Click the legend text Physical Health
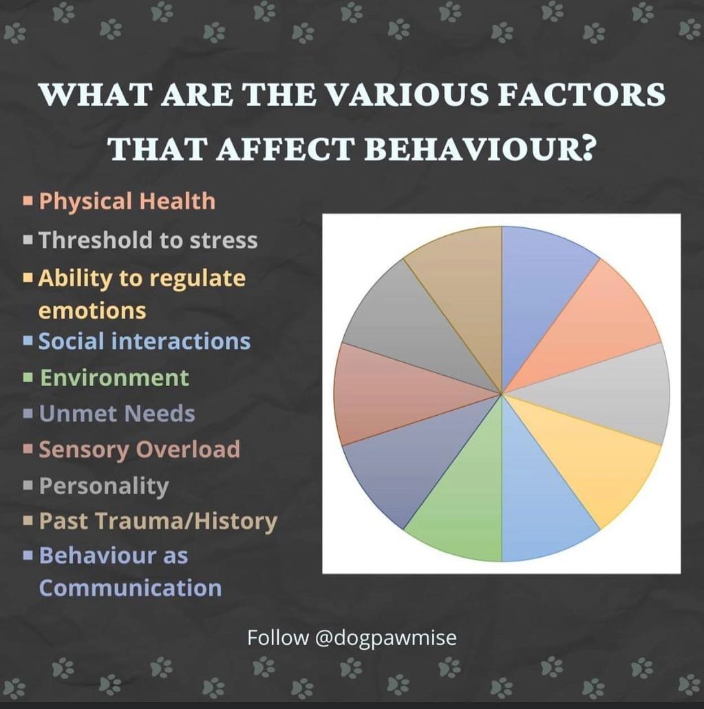pyautogui.click(x=127, y=201)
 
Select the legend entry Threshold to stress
pyautogui.click(x=148, y=240)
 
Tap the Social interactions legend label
pyautogui.click(x=145, y=341)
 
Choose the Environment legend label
pyautogui.click(x=114, y=378)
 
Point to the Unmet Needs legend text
pyautogui.click(x=117, y=414)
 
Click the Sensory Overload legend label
pyautogui.click(x=139, y=449)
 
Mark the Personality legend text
pyautogui.click(x=104, y=486)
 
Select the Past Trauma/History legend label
pyautogui.click(x=158, y=521)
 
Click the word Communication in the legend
pyautogui.click(x=130, y=589)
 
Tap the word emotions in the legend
pyautogui.click(x=92, y=311)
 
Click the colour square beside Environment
pyautogui.click(x=28, y=378)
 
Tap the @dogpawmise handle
pyautogui.click(x=385, y=638)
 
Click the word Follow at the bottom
pyautogui.click(x=277, y=637)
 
